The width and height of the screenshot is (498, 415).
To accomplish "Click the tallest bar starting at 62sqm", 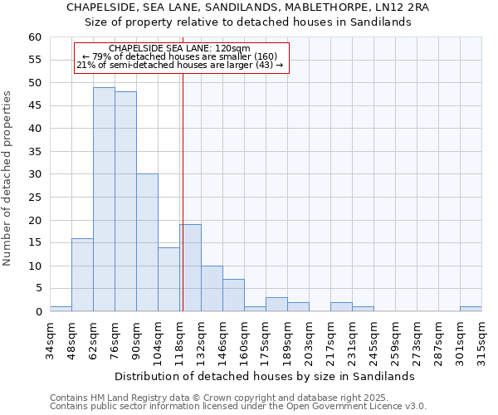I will (x=104, y=199).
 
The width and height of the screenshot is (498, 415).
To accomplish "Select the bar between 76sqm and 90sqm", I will (x=125, y=202).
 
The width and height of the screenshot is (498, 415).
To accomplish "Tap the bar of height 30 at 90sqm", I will (x=147, y=242).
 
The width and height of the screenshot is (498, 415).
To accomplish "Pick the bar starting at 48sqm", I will (x=82, y=275).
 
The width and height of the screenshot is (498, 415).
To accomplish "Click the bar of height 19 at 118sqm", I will (x=190, y=268).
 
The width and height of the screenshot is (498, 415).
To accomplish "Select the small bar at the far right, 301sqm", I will (x=471, y=309).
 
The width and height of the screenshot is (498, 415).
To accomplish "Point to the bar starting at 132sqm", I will (x=212, y=289).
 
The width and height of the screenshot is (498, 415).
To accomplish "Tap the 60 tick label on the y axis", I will (x=34, y=37).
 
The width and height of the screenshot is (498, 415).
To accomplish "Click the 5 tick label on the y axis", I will (x=37, y=289).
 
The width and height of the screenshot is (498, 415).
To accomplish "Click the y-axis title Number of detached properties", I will (x=8, y=178).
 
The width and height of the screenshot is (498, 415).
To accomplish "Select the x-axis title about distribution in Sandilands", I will (x=264, y=376).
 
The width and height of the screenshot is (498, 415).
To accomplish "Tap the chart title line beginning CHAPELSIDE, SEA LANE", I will (x=248, y=7).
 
